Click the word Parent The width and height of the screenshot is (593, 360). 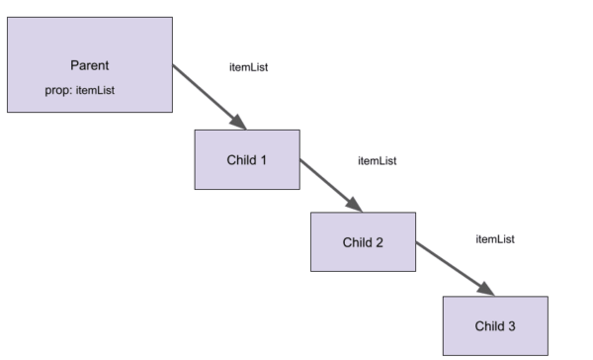click(90, 65)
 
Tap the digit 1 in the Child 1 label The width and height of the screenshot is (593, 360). click(264, 158)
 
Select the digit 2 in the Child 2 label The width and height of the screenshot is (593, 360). click(380, 241)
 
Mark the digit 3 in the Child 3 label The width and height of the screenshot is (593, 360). click(512, 325)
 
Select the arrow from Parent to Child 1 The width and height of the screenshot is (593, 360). click(208, 97)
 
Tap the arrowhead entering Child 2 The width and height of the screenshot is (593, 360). click(355, 204)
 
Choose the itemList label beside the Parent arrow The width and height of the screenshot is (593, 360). click(249, 67)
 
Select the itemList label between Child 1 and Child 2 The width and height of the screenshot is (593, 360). click(377, 160)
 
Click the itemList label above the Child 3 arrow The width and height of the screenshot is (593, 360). click(495, 239)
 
